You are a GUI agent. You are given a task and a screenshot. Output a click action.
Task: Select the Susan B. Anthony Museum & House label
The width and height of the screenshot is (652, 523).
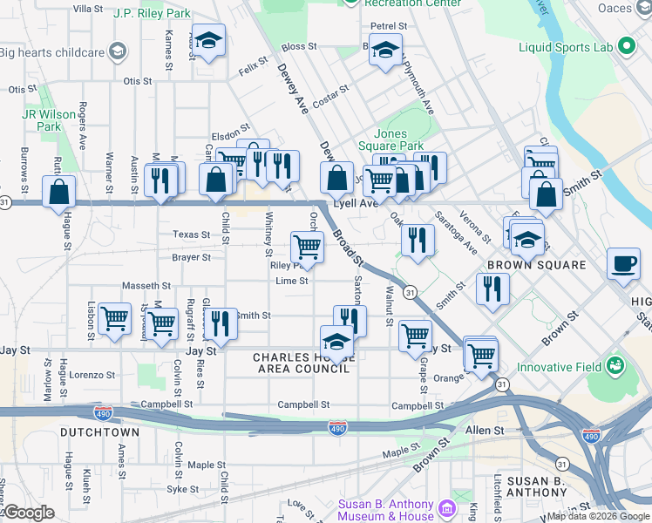point(386,511)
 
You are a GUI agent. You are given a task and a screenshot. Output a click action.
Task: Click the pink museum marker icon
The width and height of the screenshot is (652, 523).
point(447,507)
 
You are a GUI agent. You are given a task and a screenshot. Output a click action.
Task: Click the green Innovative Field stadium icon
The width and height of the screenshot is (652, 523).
point(616,363)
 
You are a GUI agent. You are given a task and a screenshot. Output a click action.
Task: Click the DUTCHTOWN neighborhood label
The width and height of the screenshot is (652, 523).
point(94,431)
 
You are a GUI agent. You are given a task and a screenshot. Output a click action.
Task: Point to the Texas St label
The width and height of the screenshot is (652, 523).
point(191,234)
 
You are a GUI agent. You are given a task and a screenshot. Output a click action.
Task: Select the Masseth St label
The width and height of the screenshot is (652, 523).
point(146,285)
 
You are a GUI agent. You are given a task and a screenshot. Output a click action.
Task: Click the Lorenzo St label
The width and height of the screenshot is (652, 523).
point(93,375)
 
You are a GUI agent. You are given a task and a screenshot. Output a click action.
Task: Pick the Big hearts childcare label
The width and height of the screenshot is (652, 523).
point(52,51)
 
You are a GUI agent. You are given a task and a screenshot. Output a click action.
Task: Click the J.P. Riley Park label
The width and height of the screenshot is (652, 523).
point(153,14)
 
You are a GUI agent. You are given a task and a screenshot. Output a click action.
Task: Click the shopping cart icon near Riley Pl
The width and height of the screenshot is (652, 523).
point(306,246)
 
